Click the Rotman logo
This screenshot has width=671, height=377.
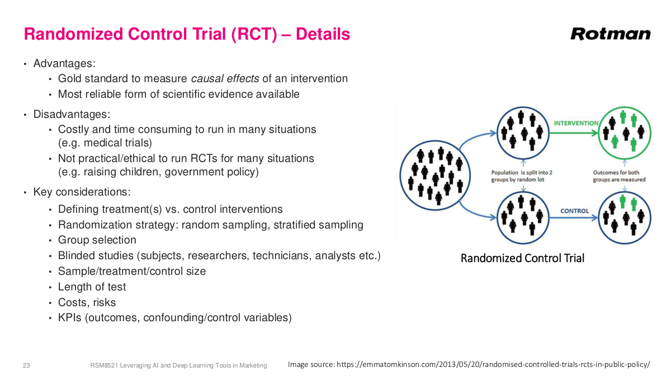(610, 34)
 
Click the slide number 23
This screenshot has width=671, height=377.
(26, 365)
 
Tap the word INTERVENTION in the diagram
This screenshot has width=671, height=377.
(575, 123)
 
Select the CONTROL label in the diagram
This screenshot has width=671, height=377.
(574, 211)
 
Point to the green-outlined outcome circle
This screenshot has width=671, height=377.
(625, 132)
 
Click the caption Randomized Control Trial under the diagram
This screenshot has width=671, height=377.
(522, 258)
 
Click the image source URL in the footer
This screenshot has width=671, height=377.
(493, 365)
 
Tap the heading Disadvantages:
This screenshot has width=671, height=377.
(72, 114)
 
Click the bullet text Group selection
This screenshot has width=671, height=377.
(97, 240)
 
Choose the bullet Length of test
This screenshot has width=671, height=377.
(92, 287)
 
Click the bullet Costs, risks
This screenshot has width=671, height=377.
(87, 303)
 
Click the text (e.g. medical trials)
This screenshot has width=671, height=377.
(105, 143)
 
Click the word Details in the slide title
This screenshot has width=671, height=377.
(323, 35)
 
